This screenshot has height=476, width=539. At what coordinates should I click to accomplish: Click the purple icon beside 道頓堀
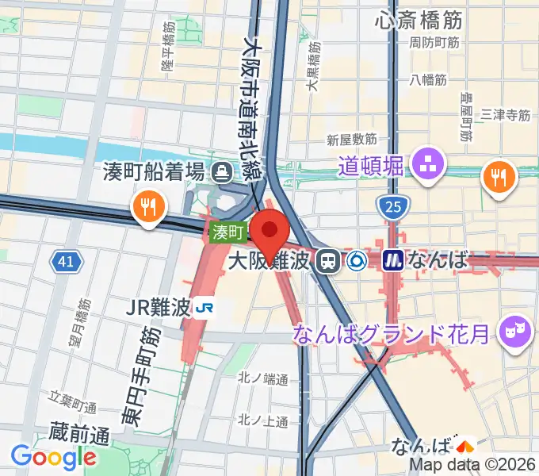click(432, 165)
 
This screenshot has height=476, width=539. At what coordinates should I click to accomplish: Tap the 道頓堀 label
click(371, 167)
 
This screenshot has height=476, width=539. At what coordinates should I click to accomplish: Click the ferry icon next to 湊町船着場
click(222, 170)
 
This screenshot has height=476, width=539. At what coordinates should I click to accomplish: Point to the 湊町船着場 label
click(154, 171)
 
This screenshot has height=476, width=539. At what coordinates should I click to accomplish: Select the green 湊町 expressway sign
click(229, 232)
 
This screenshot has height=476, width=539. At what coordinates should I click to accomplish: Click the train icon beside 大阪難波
click(325, 260)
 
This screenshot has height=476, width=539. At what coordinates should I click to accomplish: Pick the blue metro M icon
click(392, 259)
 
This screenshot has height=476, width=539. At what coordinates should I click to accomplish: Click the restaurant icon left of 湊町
click(148, 207)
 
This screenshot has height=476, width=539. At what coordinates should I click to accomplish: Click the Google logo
click(54, 456)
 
